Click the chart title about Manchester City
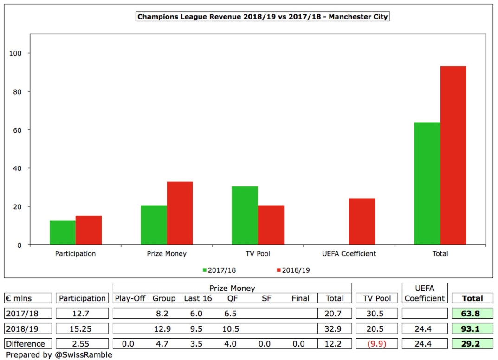pos(263,17)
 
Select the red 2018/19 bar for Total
pos(453,155)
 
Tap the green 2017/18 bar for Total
pos(427,183)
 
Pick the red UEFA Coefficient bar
pos(362,221)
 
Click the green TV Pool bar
pos(245,215)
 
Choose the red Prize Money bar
pos(180,213)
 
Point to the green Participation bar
pos(62,232)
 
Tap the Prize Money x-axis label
pos(167,254)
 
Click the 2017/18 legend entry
pos(219,270)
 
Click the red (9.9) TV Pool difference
pos(377,344)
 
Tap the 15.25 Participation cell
pos(82,328)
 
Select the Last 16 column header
pos(198,298)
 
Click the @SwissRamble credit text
pos(59,355)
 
